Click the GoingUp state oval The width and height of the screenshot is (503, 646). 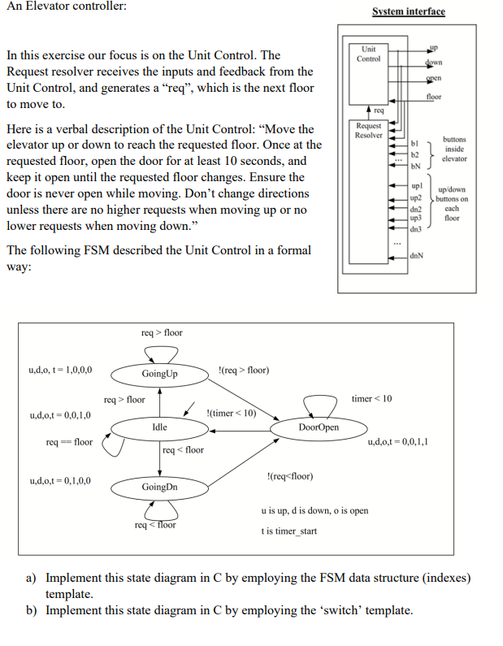pyautogui.click(x=159, y=374)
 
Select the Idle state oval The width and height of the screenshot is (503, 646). pyautogui.click(x=159, y=427)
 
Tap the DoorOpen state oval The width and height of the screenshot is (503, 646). pyautogui.click(x=319, y=427)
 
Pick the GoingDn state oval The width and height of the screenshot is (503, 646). pyautogui.click(x=159, y=487)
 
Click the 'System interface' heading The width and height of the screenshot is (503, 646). pyautogui.click(x=409, y=11)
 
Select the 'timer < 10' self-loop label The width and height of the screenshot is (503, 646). pyautogui.click(x=371, y=398)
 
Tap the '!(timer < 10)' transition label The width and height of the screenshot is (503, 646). pyautogui.click(x=232, y=413)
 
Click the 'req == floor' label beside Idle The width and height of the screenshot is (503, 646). pyautogui.click(x=70, y=442)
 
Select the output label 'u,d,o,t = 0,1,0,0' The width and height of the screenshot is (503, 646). pyautogui.click(x=60, y=480)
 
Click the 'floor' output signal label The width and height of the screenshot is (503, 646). pyautogui.click(x=433, y=98)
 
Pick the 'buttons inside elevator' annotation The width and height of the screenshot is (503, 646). pyautogui.click(x=454, y=149)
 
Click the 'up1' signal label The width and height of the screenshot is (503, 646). pyautogui.click(x=415, y=188)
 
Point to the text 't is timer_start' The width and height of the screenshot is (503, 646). pyautogui.click(x=288, y=531)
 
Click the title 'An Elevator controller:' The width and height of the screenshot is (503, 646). pyautogui.click(x=66, y=7)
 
